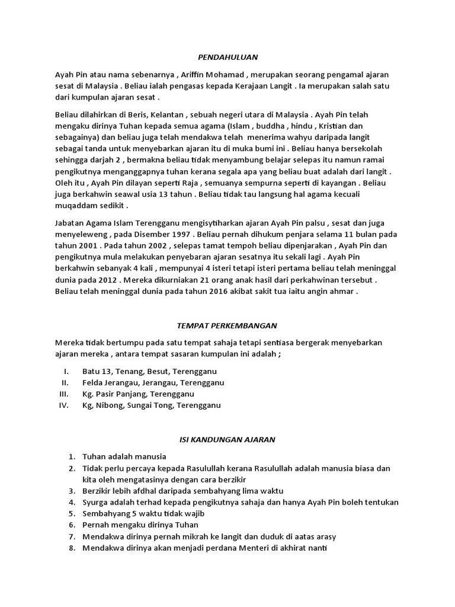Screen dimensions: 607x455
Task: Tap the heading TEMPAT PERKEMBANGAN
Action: click(227, 325)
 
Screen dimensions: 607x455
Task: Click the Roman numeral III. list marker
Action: click(65, 394)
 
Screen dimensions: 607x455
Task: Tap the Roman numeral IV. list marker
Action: click(65, 405)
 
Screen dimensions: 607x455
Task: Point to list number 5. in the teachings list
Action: click(71, 513)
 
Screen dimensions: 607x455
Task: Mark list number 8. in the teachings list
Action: click(71, 548)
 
